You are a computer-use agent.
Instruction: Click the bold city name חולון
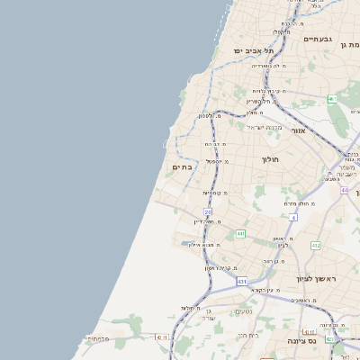[271, 159]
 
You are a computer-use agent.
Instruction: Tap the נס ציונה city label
[301, 341]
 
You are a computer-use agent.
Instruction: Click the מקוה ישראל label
[264, 126]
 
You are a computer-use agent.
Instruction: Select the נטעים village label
[243, 311]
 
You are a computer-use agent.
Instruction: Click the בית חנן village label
[248, 335]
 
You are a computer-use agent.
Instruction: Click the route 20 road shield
[208, 212]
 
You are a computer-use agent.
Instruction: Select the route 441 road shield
[240, 234]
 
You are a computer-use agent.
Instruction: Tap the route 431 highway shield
[242, 282]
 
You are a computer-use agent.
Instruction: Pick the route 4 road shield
[293, 217]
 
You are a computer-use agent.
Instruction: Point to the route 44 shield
[345, 190]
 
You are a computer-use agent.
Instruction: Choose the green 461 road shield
[333, 99]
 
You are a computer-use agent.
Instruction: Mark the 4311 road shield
[161, 337]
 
